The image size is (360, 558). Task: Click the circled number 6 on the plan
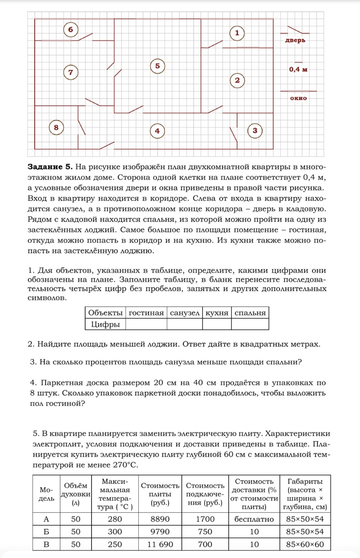[x=70, y=29]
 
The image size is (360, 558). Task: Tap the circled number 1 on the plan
[x=237, y=33]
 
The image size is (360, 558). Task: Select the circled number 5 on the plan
[x=157, y=66]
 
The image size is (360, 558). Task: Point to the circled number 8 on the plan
[x=56, y=128]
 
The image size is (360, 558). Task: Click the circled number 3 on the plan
[x=255, y=130]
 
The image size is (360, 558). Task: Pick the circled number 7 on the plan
[x=70, y=72]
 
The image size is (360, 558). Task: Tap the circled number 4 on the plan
[x=157, y=131]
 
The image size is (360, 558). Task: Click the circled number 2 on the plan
[x=237, y=80]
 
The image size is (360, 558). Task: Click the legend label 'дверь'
[x=295, y=40]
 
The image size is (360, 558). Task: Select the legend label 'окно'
[x=298, y=98]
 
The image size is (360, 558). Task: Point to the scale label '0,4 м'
[x=298, y=69]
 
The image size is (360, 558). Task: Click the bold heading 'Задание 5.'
[x=50, y=167]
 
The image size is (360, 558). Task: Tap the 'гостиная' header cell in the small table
[x=146, y=313]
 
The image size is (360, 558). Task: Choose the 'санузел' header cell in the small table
[x=185, y=313]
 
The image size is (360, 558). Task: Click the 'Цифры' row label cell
[x=105, y=324]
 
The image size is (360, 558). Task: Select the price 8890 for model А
[x=160, y=519]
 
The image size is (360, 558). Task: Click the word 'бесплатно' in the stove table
[x=254, y=519]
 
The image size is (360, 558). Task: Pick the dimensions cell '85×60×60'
[x=305, y=544]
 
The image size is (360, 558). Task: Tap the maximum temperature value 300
[x=115, y=531]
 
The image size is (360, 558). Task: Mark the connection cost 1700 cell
[x=205, y=519]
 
